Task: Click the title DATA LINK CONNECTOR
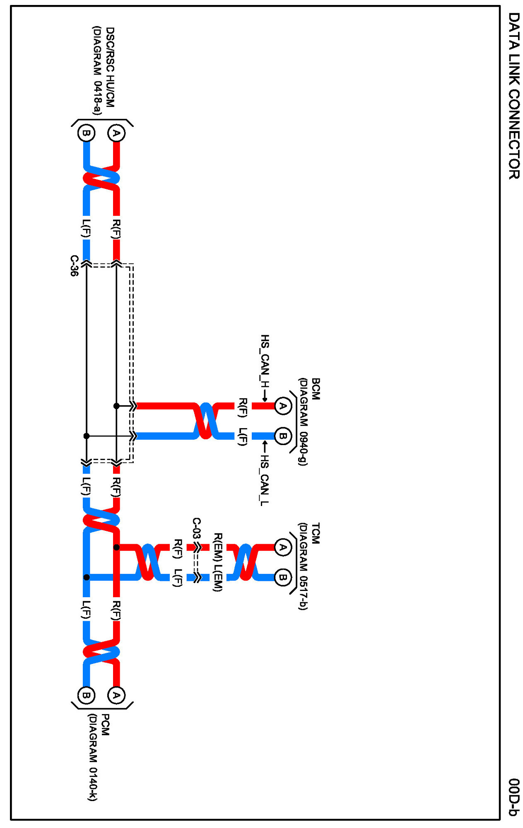point(513,96)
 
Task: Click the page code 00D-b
point(513,797)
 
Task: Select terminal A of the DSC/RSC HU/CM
point(116,133)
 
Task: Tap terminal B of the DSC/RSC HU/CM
point(86,133)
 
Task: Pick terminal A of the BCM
point(283,406)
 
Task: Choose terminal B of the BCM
point(283,436)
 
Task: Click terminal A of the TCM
point(283,547)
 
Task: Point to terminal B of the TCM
point(283,577)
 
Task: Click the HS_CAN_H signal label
point(265,361)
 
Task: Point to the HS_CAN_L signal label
point(264,480)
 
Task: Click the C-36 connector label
point(74,266)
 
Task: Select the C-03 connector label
point(197,528)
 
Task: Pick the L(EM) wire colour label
point(218,578)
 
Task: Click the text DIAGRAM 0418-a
point(97,70)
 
